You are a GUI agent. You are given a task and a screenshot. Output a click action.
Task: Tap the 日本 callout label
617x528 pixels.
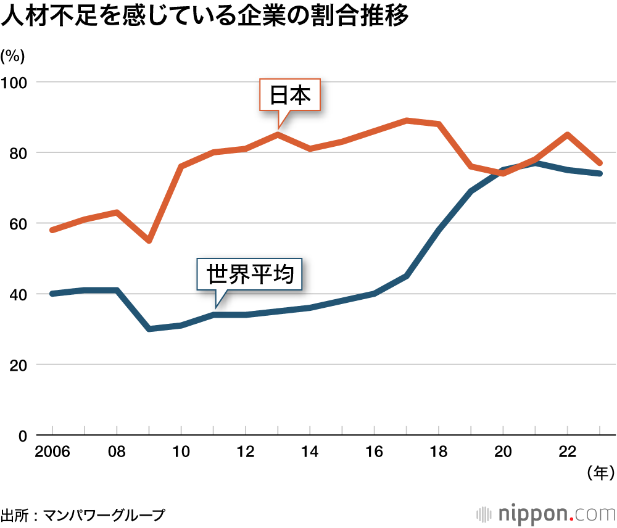289,95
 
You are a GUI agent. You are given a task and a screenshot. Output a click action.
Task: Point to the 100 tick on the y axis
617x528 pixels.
15,82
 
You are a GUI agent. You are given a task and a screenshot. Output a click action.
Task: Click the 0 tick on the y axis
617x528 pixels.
22,435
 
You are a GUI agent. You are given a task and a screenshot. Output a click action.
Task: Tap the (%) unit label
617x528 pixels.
12,56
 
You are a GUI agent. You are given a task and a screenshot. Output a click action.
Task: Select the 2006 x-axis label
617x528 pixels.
52,452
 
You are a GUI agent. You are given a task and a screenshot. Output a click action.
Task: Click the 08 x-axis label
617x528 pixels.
117,452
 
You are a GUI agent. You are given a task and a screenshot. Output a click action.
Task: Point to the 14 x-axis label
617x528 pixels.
310,452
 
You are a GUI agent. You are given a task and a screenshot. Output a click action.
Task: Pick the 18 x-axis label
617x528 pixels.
439,452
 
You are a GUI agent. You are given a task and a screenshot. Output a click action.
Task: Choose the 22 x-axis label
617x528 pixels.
568,452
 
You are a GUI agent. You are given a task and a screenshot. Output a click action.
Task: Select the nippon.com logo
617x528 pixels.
546,513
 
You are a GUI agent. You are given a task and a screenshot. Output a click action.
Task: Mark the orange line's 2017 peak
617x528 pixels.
407,120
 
